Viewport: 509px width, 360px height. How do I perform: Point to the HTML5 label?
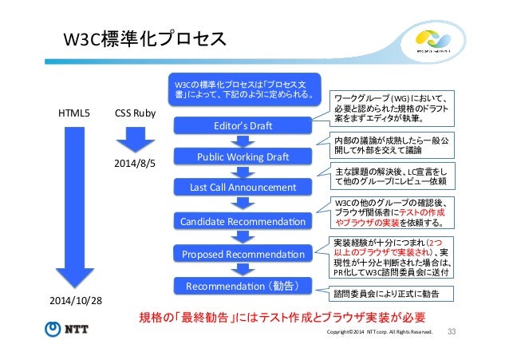pyautogui.click(x=75, y=113)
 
